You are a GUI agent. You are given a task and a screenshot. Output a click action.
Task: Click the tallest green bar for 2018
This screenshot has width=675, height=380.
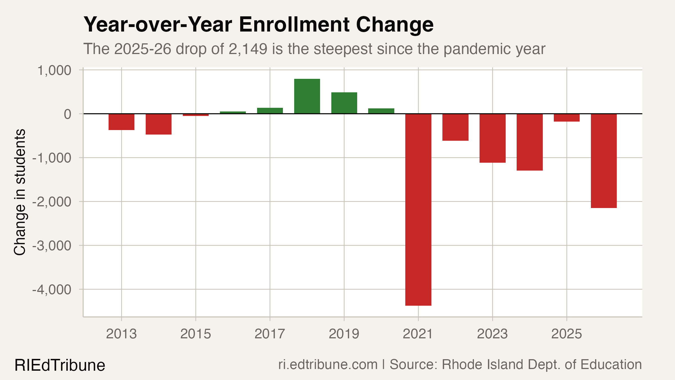click(x=307, y=96)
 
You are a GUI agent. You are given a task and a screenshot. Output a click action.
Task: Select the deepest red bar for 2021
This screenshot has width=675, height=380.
click(x=418, y=209)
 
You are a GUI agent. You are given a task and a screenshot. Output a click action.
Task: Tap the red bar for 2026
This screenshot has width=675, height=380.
click(x=604, y=161)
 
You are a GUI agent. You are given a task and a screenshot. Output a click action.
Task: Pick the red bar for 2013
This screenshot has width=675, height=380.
click(x=121, y=122)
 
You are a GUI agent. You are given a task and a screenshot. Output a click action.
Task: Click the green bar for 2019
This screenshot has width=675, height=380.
click(x=344, y=103)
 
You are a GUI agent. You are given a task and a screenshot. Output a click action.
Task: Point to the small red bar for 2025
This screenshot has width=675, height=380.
click(x=566, y=118)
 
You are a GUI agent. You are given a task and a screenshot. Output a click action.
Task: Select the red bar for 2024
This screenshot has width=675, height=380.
click(x=529, y=142)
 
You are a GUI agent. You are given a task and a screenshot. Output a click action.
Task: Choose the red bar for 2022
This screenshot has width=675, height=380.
click(x=455, y=127)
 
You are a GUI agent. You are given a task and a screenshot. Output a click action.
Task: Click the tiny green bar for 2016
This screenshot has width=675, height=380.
click(x=233, y=113)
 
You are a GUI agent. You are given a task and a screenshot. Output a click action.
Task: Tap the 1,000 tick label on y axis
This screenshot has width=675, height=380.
click(x=54, y=70)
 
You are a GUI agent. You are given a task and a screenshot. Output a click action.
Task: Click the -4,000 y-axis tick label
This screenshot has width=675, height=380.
click(x=52, y=290)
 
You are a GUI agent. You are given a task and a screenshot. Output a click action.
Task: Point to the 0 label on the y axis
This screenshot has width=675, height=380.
click(x=67, y=114)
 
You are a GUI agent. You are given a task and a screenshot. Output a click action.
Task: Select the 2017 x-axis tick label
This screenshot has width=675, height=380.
click(x=270, y=334)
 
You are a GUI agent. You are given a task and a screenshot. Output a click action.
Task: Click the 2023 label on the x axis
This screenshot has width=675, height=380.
click(x=492, y=334)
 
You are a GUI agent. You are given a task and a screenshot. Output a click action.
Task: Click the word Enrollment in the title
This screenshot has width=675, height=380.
click(x=294, y=25)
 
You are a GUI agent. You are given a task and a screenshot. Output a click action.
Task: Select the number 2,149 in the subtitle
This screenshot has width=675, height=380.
click(x=248, y=49)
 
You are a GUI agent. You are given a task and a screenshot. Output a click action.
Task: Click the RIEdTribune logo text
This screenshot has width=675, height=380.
click(x=60, y=365)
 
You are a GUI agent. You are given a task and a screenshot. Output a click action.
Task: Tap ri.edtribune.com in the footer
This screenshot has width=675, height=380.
click(x=328, y=365)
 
